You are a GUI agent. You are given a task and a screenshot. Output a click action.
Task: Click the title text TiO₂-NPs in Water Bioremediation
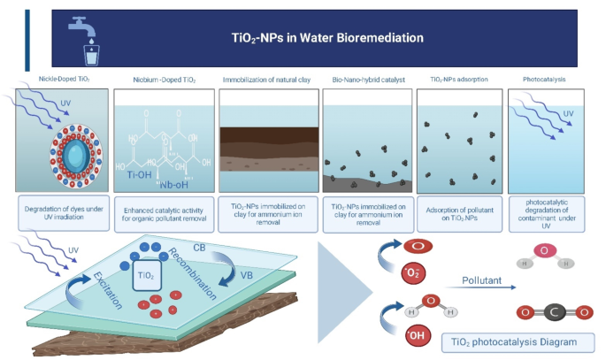pyautogui.click(x=320, y=38)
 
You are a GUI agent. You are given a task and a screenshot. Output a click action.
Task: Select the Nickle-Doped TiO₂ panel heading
pyautogui.click(x=64, y=80)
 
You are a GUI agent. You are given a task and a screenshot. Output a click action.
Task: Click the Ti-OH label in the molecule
pyautogui.click(x=138, y=174)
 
